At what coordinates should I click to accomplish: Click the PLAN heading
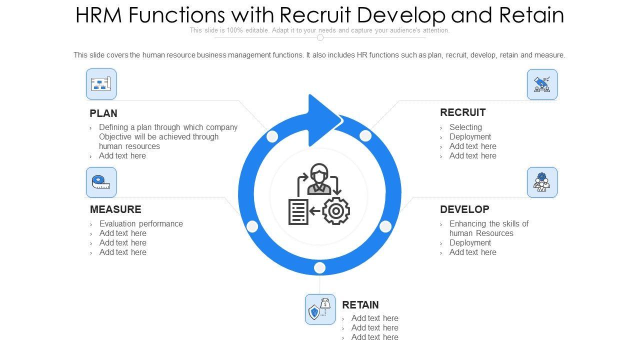coord(103,113)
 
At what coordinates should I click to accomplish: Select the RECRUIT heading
coord(462,112)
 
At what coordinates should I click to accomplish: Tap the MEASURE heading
coord(115,209)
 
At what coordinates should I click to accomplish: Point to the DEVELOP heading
coord(464,209)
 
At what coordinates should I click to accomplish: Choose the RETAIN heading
coord(360,305)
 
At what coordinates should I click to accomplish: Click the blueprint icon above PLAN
coord(101,84)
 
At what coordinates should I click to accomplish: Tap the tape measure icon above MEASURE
coord(101,182)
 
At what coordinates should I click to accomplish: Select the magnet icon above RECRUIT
coord(542,84)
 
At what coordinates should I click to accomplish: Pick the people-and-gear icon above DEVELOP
coord(542,182)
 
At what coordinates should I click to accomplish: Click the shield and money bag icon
coord(320,309)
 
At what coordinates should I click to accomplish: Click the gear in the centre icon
coord(336,211)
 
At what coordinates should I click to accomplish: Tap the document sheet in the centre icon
coord(298,211)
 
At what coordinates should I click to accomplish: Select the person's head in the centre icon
coord(318,173)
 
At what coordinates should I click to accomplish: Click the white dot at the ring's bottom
coord(319,268)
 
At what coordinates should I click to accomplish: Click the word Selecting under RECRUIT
coord(465,127)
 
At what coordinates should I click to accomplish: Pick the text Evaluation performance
coord(141,223)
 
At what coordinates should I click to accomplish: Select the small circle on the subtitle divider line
coord(320,37)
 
